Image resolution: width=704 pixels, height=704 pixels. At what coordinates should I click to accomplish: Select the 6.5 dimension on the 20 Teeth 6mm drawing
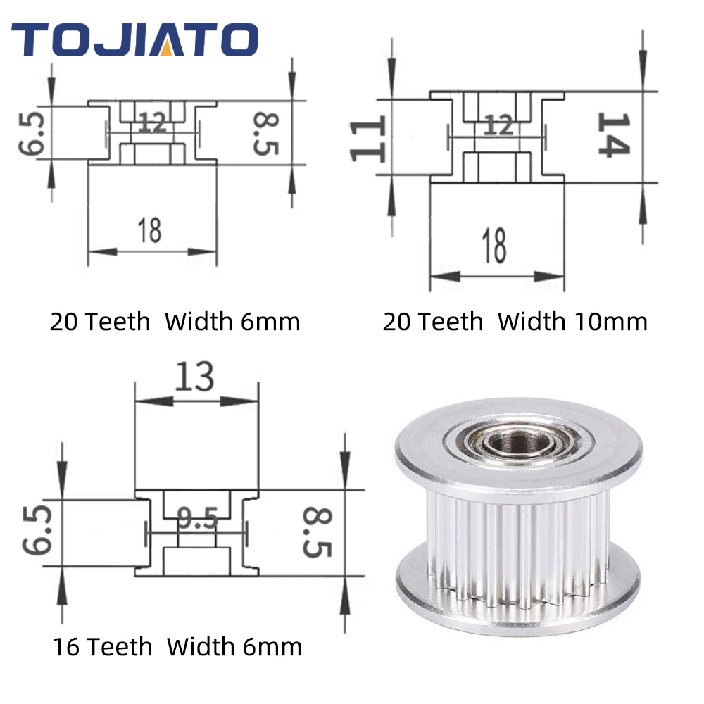[x=33, y=132]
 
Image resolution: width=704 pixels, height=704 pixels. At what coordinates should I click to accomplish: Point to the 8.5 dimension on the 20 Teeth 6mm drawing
[x=265, y=134]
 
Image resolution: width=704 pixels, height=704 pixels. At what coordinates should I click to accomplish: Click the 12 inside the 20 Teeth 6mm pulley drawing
[x=152, y=124]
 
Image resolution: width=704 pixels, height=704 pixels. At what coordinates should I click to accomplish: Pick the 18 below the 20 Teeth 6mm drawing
[x=149, y=230]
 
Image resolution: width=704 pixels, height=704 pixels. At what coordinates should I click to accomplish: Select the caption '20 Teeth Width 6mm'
[x=175, y=322]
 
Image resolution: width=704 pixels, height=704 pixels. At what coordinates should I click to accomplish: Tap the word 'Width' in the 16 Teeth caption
[x=200, y=646]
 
